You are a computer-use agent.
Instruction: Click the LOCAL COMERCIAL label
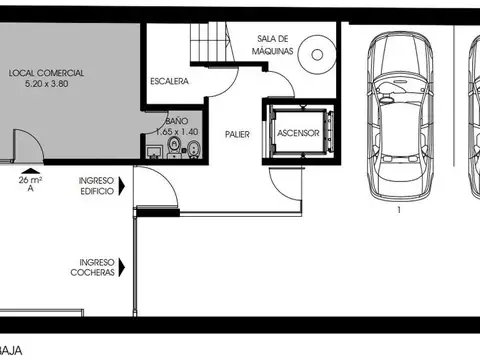pyautogui.click(x=46, y=74)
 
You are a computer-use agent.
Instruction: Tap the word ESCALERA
pyautogui.click(x=170, y=81)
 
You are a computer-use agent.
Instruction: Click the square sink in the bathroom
pyautogui.click(x=155, y=152)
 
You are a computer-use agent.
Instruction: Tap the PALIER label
pyautogui.click(x=237, y=133)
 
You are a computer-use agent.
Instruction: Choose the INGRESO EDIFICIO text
pyautogui.click(x=96, y=185)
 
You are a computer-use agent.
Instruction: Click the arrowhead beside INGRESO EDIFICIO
pyautogui.click(x=122, y=185)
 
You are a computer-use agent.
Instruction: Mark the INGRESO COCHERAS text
pyautogui.click(x=94, y=265)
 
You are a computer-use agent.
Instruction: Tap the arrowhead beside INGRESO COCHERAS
pyautogui.click(x=122, y=265)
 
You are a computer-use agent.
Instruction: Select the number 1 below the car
pyautogui.click(x=397, y=211)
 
